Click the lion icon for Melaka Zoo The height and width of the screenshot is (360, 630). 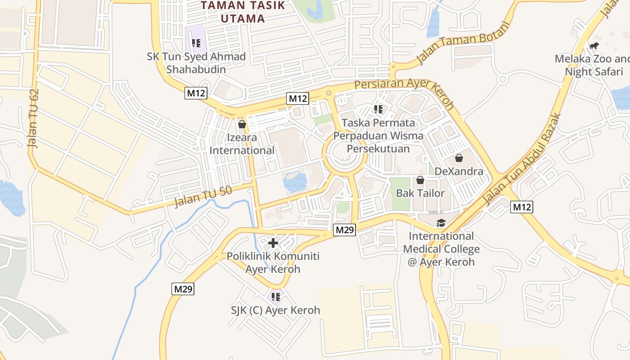tap(594, 45)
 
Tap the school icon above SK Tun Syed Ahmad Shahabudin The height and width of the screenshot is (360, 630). tap(196, 43)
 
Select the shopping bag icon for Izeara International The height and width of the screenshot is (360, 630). tap(242, 124)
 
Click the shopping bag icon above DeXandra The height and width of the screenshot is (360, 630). tap(459, 158)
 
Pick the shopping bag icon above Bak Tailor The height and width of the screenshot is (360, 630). tap(420, 180)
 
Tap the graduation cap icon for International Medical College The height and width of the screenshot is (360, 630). tap(441, 223)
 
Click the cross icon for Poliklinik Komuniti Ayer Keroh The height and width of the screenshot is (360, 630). tap(273, 243)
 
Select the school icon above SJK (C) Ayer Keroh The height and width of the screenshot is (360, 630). tap(276, 297)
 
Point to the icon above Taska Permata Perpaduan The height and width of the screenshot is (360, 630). tap(378, 109)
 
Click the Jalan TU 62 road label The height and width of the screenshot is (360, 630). tap(34, 119)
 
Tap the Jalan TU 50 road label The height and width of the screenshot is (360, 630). tap(203, 197)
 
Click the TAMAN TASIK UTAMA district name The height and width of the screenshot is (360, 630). tap(243, 12)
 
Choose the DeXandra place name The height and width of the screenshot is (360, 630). tap(459, 171)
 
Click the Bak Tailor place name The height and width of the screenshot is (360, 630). tap(420, 193)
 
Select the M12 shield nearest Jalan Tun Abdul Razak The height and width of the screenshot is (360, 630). tap(522, 207)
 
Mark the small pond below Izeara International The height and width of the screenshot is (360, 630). tap(295, 182)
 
